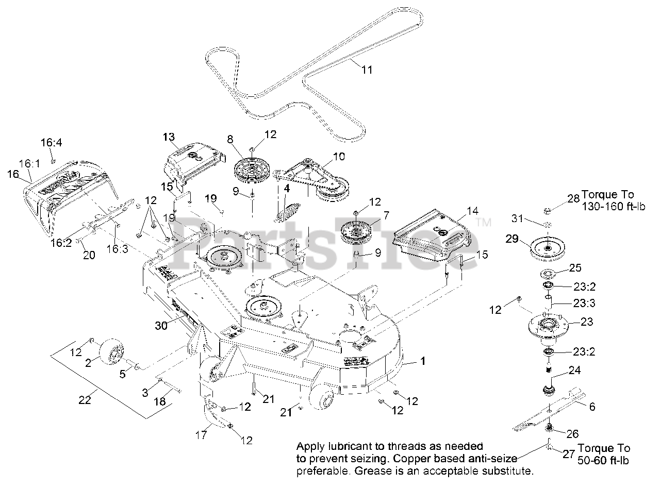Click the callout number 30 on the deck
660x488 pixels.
(x=162, y=326)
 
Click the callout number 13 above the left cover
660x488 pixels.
(x=169, y=137)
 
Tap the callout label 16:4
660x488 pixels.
(x=51, y=143)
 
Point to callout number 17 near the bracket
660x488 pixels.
(x=201, y=435)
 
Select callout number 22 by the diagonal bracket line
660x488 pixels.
(x=85, y=399)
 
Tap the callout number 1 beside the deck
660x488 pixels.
(x=423, y=362)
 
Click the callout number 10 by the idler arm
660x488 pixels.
(x=339, y=156)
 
